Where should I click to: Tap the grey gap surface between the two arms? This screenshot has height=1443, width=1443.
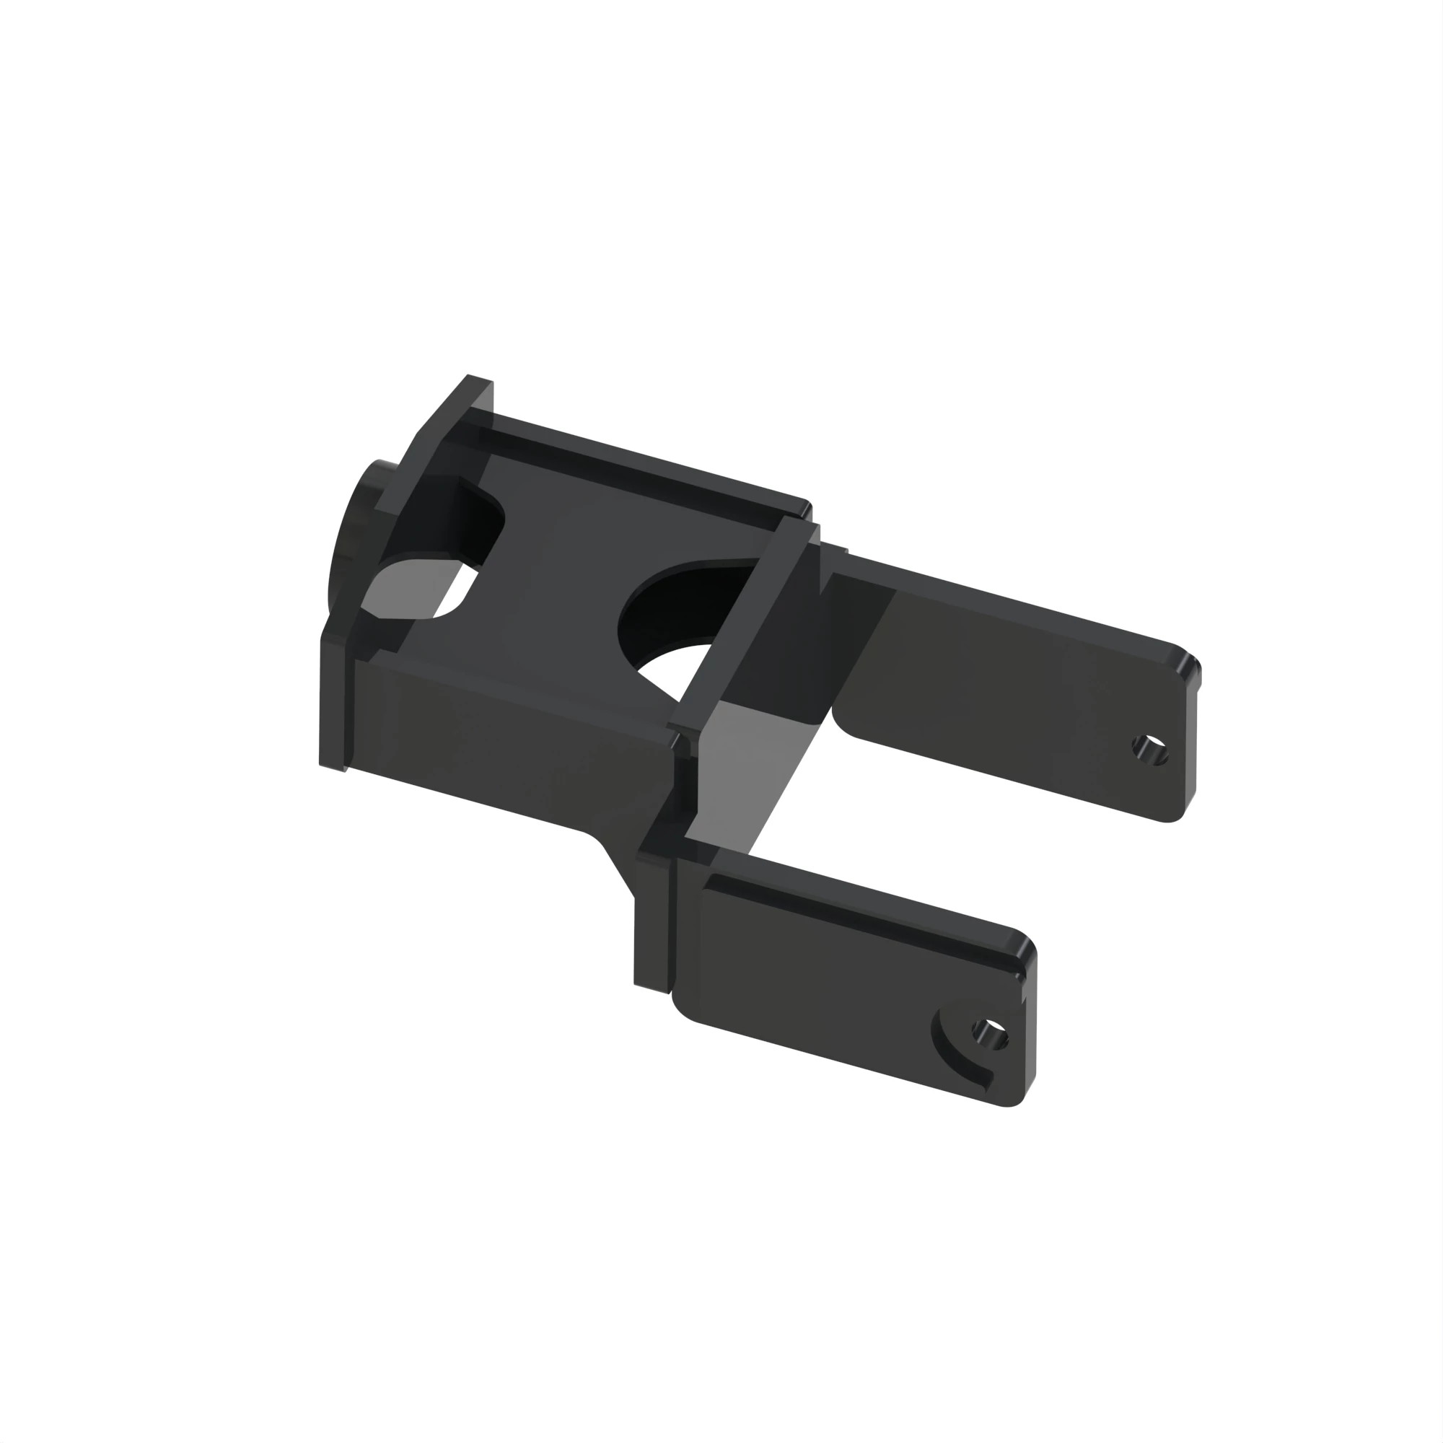pos(755,769)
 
